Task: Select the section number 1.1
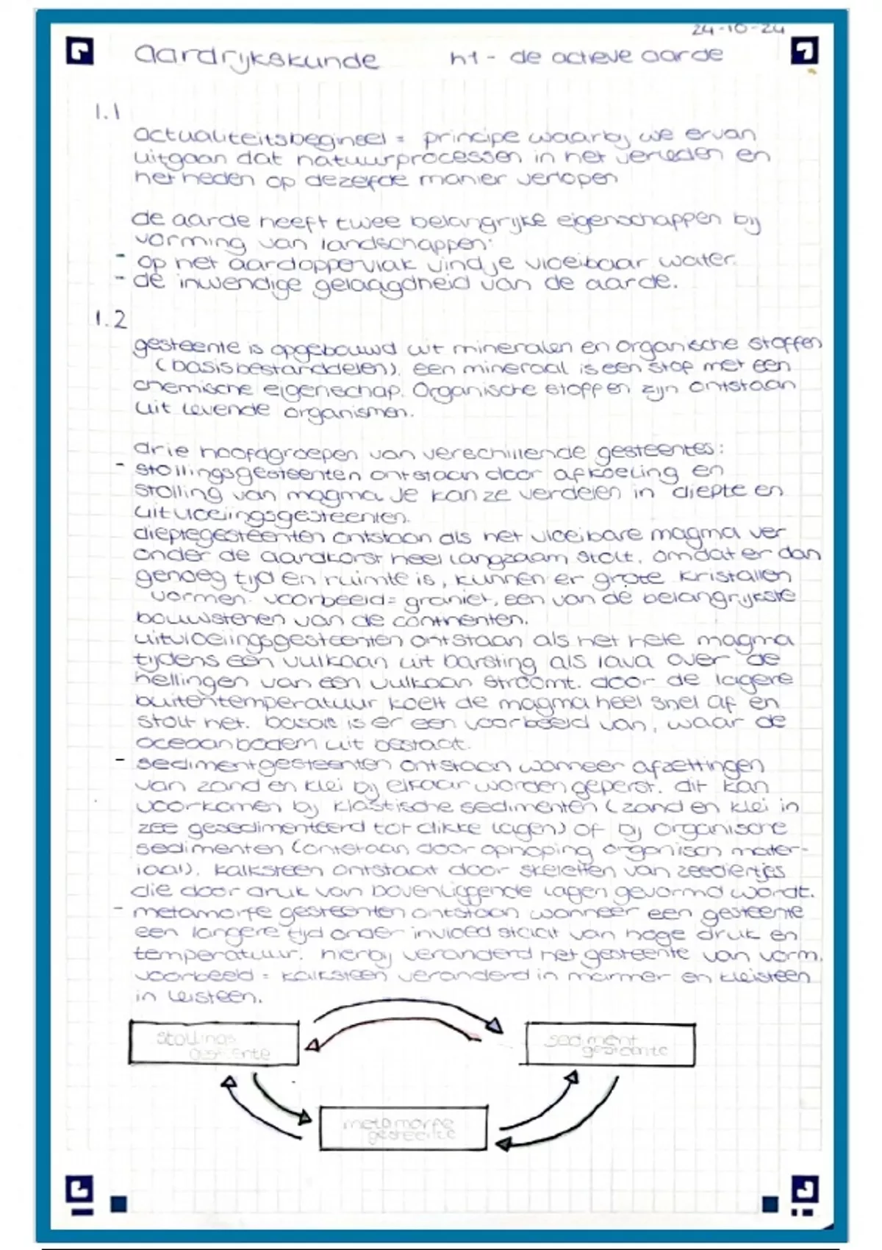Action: (x=107, y=113)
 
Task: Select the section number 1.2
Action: (x=110, y=319)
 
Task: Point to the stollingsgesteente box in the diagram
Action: (x=214, y=1043)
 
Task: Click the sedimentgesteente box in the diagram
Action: (x=610, y=1043)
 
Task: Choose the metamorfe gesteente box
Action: (x=403, y=1129)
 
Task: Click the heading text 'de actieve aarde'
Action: (x=616, y=57)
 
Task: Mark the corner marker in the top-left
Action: (x=79, y=52)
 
